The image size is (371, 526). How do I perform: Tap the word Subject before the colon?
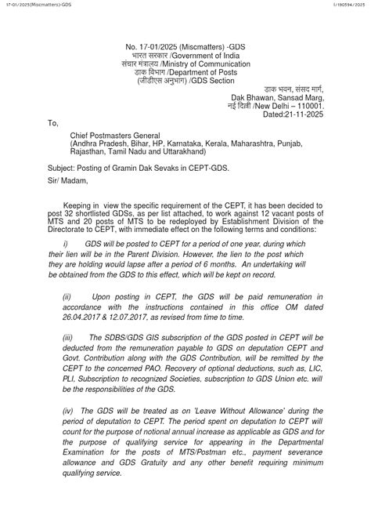[60, 168]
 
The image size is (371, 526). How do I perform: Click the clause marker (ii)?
[67, 297]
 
